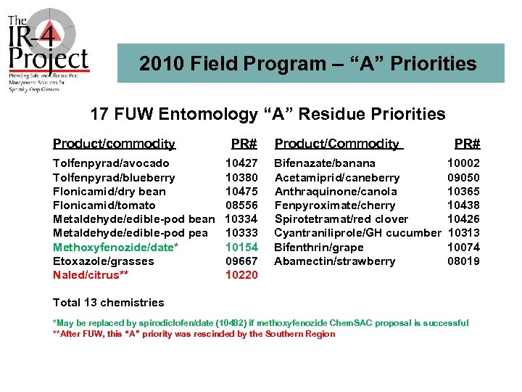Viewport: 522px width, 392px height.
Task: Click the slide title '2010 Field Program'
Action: click(307, 64)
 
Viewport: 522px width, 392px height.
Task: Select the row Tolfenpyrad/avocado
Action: click(111, 163)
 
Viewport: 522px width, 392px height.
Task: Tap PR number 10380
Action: click(241, 177)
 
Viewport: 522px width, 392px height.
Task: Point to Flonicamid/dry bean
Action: click(109, 192)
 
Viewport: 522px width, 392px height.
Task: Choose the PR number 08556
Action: click(241, 205)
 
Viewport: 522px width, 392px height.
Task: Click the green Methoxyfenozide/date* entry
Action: click(116, 248)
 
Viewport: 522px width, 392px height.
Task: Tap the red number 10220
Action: click(241, 275)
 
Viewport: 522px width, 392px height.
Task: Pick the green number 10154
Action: click(241, 248)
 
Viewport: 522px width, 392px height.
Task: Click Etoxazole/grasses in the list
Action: click(104, 261)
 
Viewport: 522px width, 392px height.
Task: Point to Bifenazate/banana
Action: click(325, 163)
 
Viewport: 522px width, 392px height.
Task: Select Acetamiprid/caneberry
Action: click(336, 177)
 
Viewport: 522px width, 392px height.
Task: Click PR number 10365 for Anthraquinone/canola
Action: click(463, 192)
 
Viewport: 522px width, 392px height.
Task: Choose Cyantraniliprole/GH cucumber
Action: click(357, 233)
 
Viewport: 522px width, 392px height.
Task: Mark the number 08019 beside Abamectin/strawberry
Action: click(463, 261)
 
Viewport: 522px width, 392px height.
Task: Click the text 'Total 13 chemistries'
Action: click(109, 303)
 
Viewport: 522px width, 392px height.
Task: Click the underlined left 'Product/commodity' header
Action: click(114, 144)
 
